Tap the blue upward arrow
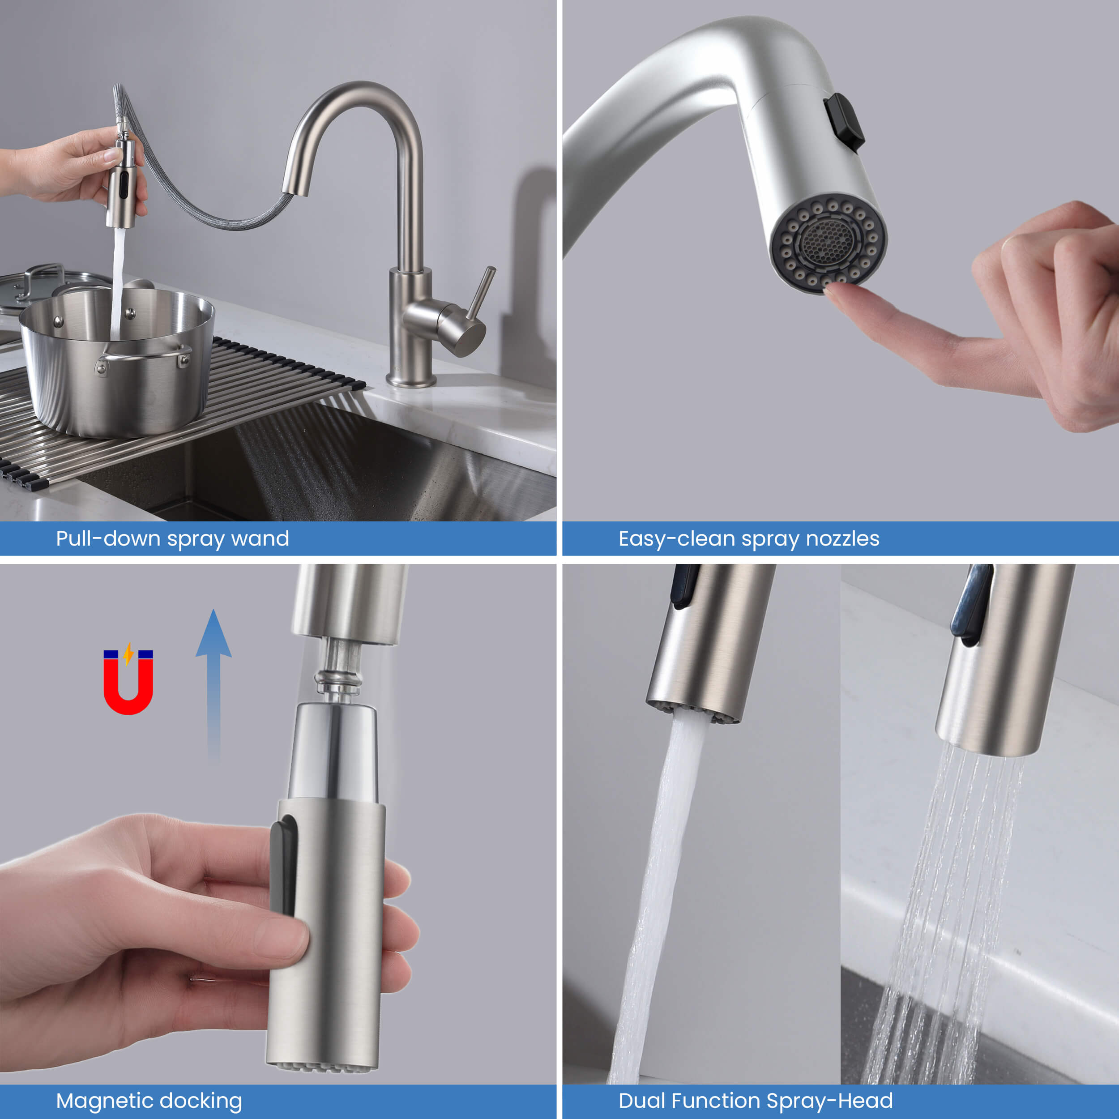pyautogui.click(x=213, y=683)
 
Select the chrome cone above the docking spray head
pyautogui.click(x=333, y=753)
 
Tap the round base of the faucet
pyautogui.click(x=411, y=380)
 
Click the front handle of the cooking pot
pyautogui.click(x=145, y=356)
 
